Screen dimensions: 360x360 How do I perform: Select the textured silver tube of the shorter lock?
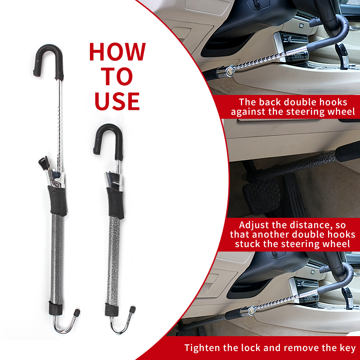point(114,261)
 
